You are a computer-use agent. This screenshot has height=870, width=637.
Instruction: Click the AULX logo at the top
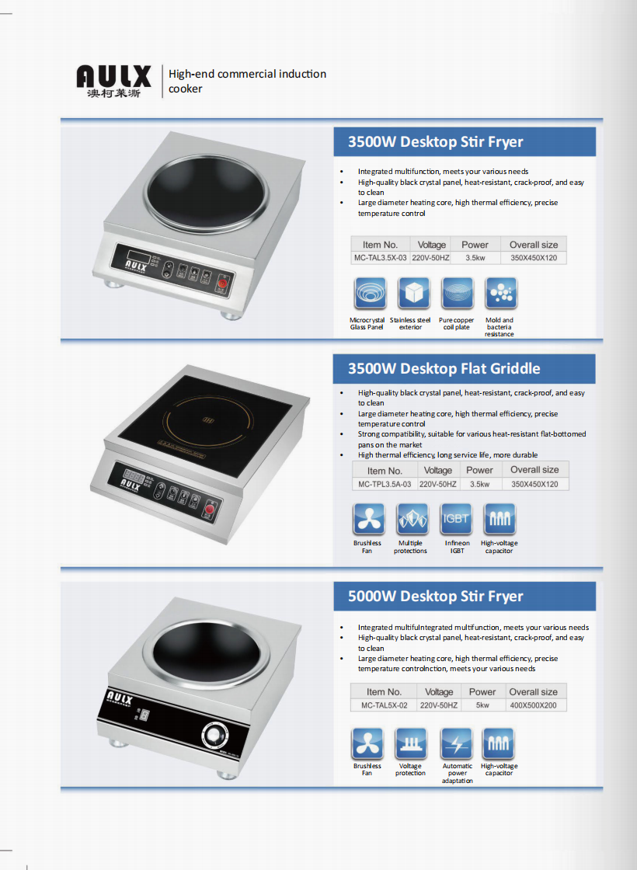tap(113, 81)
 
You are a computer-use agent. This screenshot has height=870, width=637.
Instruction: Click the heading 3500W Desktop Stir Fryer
tap(436, 142)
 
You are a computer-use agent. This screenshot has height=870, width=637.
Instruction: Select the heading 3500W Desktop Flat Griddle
tap(444, 369)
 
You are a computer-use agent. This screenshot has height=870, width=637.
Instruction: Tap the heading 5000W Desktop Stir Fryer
tap(436, 597)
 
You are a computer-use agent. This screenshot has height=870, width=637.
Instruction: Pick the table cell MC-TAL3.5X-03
tap(380, 258)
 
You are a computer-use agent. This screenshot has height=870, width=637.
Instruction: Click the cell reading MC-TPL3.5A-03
tap(385, 485)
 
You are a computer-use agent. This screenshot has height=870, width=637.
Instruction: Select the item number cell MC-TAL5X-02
tap(384, 705)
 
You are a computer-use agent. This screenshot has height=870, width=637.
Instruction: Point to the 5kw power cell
tap(482, 705)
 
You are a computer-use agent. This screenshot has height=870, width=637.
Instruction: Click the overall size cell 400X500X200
tap(533, 705)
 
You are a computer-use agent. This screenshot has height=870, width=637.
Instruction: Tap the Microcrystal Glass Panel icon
tap(370, 293)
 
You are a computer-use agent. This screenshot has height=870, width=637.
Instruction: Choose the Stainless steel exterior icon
tap(413, 293)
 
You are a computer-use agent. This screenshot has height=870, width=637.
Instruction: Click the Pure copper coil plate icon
tap(458, 293)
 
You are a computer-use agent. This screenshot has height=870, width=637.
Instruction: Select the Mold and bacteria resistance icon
tap(500, 293)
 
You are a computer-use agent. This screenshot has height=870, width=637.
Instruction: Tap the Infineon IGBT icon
tap(456, 520)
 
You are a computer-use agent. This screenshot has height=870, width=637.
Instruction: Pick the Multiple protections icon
tap(412, 520)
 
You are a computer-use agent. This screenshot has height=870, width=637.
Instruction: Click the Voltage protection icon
tap(411, 744)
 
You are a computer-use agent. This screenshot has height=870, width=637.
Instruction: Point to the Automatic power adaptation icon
tap(456, 744)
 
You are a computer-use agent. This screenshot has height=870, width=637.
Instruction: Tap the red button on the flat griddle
tap(210, 510)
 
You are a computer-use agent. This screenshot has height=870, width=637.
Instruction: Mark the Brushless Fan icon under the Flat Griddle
tap(368, 520)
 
